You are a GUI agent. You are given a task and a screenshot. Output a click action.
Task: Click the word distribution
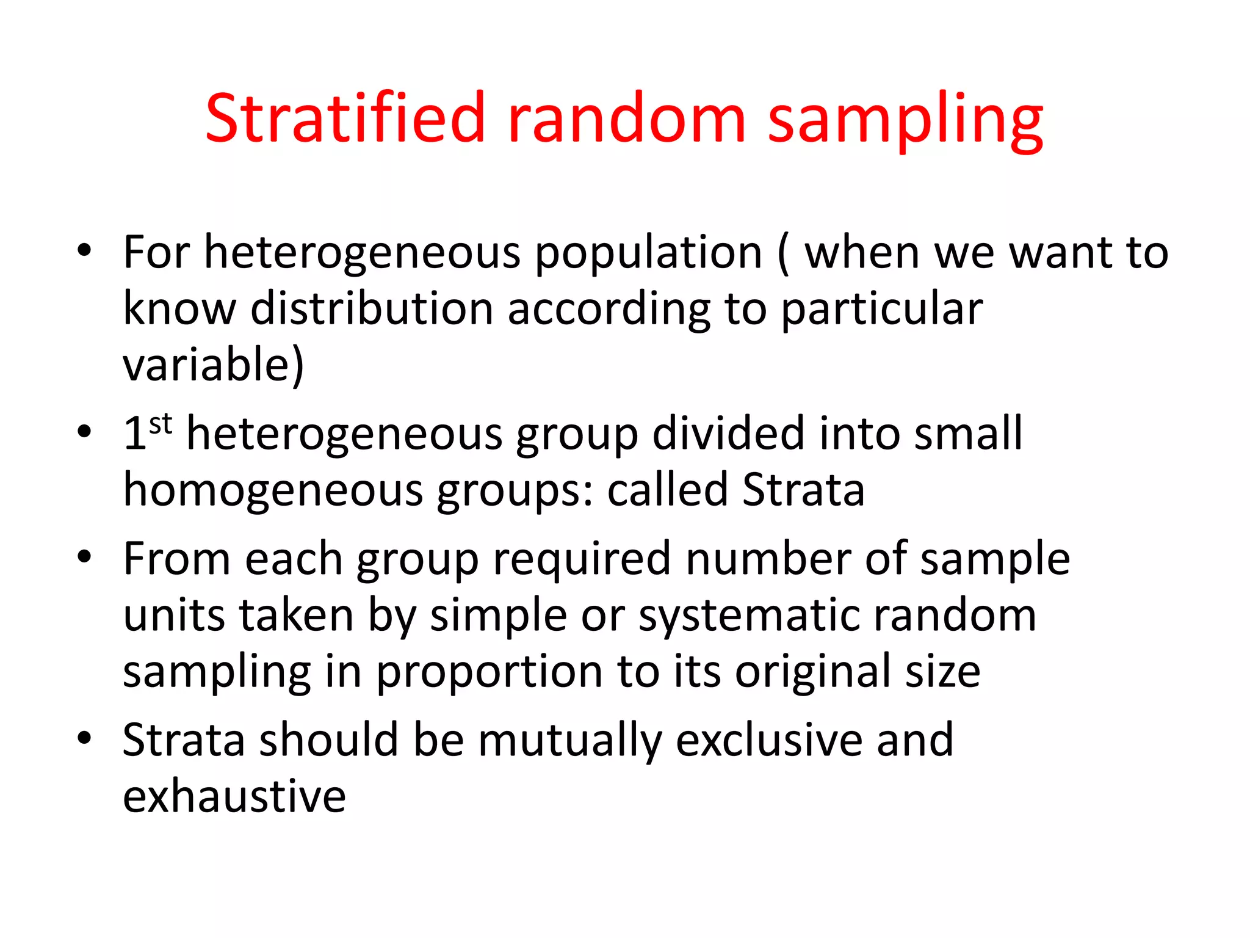[372, 309]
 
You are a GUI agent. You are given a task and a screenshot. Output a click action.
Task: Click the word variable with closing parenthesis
[213, 365]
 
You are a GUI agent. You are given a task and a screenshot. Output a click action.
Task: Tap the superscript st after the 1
[161, 423]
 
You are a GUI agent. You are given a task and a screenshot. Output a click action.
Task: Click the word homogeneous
[273, 490]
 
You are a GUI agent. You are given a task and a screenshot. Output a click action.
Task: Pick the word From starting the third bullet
[177, 559]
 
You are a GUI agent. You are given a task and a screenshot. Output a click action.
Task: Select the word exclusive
[770, 740]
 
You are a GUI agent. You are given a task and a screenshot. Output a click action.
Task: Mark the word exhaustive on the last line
[234, 797]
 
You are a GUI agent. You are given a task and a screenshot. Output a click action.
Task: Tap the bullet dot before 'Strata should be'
[84, 738]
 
